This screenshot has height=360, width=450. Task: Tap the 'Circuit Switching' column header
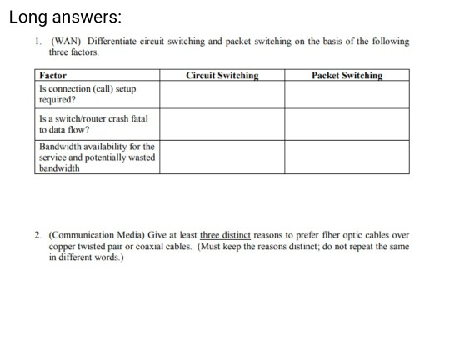click(222, 76)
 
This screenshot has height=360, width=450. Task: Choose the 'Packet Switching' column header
click(347, 76)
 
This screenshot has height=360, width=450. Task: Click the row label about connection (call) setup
click(87, 93)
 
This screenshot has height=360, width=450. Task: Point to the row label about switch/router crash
click(92, 124)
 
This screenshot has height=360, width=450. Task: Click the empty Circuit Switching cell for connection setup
click(222, 94)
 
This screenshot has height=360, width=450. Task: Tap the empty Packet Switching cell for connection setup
click(347, 94)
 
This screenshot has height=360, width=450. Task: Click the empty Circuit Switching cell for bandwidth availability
click(222, 157)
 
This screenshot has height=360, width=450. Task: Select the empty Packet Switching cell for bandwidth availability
click(347, 157)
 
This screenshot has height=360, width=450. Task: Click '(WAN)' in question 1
click(65, 42)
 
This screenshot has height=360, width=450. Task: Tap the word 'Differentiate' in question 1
click(108, 42)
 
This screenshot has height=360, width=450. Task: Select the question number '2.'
click(39, 236)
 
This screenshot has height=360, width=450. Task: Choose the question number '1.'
click(39, 42)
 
